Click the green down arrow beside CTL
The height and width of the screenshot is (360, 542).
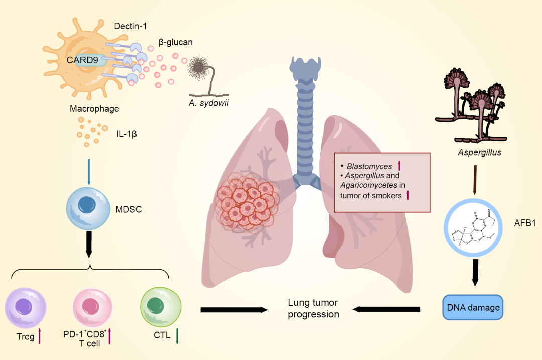point(177,335)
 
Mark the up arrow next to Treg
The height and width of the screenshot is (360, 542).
point(40,336)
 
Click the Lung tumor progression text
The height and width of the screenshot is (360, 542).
point(313,308)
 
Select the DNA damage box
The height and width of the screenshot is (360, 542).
point(473,307)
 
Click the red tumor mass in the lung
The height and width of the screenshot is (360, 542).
point(244,201)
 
